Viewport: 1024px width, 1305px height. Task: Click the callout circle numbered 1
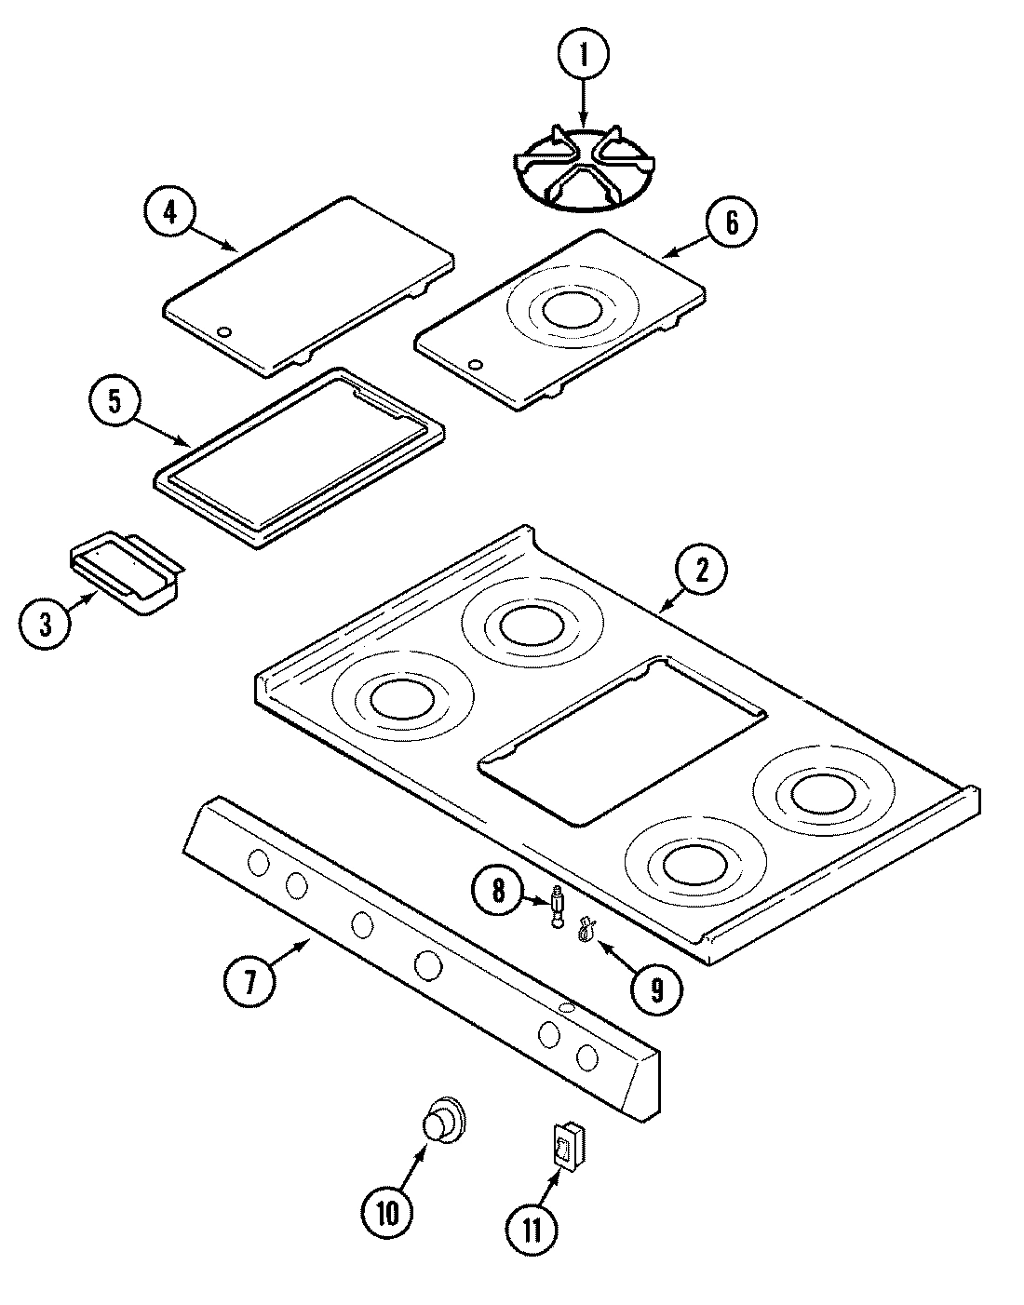(584, 56)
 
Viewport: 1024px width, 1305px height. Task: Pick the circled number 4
(169, 210)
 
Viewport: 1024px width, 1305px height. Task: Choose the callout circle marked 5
(114, 400)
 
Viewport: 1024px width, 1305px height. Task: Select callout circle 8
(498, 891)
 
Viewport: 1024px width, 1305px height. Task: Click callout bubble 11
(532, 1230)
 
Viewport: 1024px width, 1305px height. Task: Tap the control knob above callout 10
(441, 1119)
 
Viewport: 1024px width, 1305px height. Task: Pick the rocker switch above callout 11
(566, 1142)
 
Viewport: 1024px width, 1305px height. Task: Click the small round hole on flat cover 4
(223, 332)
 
